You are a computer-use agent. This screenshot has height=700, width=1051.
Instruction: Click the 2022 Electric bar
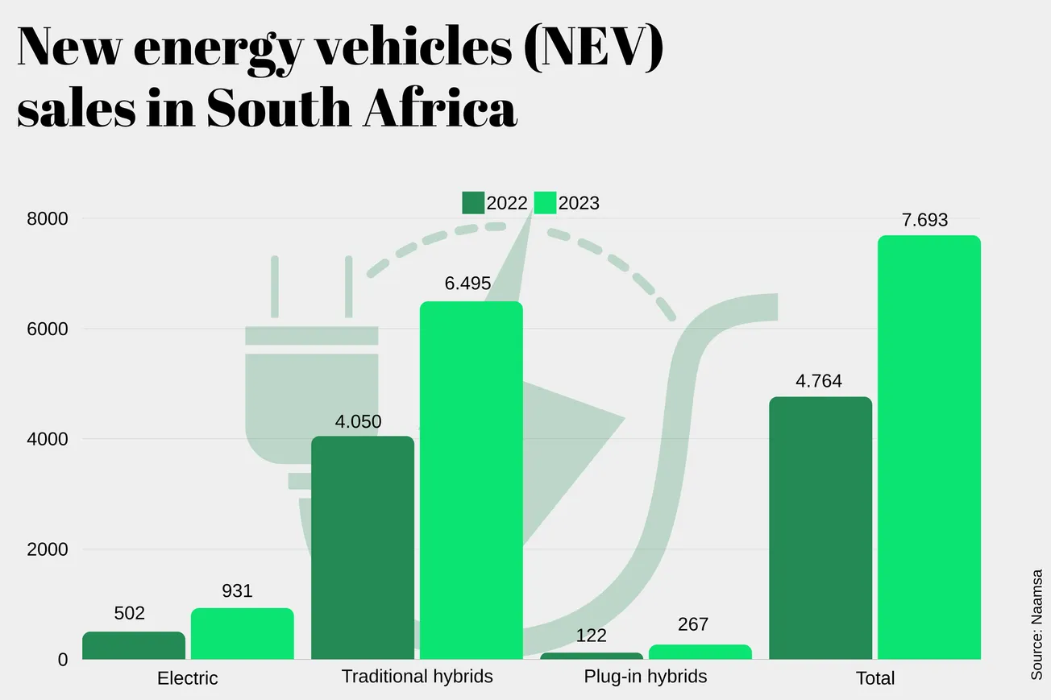134,645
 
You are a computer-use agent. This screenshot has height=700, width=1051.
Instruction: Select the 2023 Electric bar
243,634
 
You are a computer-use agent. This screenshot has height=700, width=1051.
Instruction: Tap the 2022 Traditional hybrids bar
363,548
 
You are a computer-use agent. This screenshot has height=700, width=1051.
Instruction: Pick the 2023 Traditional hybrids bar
471,480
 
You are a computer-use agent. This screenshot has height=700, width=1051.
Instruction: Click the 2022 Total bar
820,528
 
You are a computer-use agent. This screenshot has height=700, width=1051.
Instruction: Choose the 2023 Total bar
929,447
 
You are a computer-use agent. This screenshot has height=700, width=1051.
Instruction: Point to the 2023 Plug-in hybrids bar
700,652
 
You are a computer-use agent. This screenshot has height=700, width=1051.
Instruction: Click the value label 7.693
924,220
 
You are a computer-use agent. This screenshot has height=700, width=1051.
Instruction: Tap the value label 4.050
358,421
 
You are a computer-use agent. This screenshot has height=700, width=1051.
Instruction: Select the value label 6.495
467,284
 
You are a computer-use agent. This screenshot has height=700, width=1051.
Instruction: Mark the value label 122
592,636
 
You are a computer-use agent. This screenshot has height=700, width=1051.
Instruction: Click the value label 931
237,591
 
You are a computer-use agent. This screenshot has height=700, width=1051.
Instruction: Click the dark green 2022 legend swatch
473,203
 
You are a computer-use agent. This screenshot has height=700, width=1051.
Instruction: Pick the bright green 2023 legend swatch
546,203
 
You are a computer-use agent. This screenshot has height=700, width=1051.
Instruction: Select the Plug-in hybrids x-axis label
645,676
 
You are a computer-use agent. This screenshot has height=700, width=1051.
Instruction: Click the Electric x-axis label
187,678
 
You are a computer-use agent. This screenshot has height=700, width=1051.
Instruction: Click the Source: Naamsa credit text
1036,624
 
